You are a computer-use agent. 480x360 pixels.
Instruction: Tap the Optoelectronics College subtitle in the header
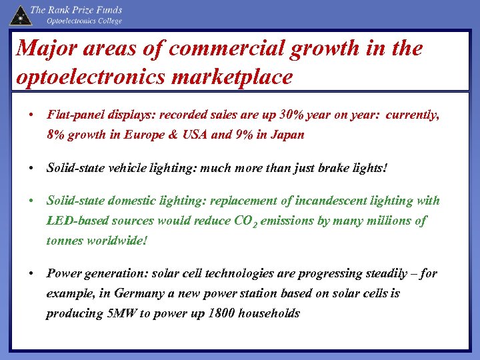click(84, 21)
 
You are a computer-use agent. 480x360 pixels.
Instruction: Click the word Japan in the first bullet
click(286, 135)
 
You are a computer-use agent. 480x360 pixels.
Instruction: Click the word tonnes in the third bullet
click(65, 241)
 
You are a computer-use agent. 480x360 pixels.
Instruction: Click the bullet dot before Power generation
click(32, 274)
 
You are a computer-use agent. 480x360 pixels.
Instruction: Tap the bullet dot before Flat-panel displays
click(32, 115)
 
